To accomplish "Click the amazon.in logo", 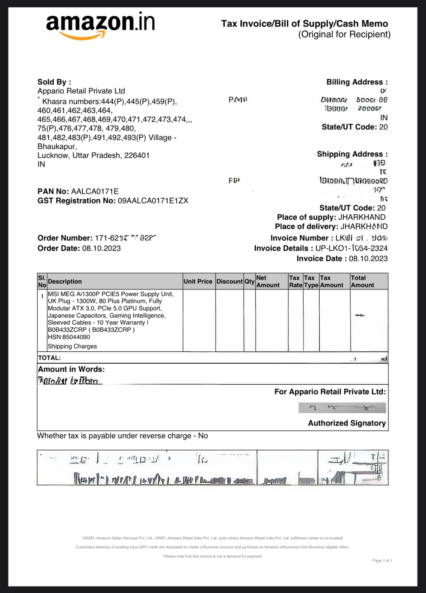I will [x=100, y=24].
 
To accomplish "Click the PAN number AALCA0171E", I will [x=95, y=192].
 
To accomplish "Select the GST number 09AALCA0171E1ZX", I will [x=153, y=201].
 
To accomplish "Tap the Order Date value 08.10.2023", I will [x=101, y=248].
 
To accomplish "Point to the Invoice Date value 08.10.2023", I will [x=368, y=259].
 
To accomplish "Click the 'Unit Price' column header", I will [x=198, y=281].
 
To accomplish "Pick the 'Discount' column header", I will [x=229, y=281].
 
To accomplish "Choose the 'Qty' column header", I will [x=249, y=281].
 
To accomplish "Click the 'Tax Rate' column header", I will [x=295, y=281].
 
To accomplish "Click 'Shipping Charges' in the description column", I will [x=72, y=346].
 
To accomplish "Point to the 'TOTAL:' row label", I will [x=49, y=358].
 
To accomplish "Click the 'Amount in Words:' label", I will [x=71, y=369].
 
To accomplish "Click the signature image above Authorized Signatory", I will [x=342, y=408].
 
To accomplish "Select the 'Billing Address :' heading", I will [x=357, y=82].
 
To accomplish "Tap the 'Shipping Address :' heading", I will [x=352, y=154].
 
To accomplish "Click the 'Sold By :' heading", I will [x=54, y=82].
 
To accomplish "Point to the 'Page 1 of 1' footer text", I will [x=382, y=560].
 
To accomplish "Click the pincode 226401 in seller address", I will [x=137, y=155].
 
